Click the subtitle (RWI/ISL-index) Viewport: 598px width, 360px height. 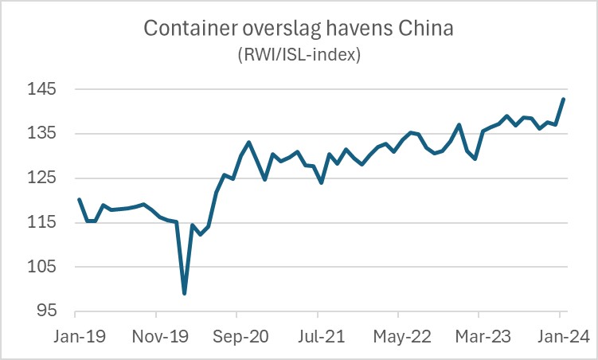tap(299, 55)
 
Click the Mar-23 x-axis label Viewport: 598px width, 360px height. tap(479, 336)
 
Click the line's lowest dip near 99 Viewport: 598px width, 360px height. tap(184, 293)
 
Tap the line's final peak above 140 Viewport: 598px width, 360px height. tap(564, 99)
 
